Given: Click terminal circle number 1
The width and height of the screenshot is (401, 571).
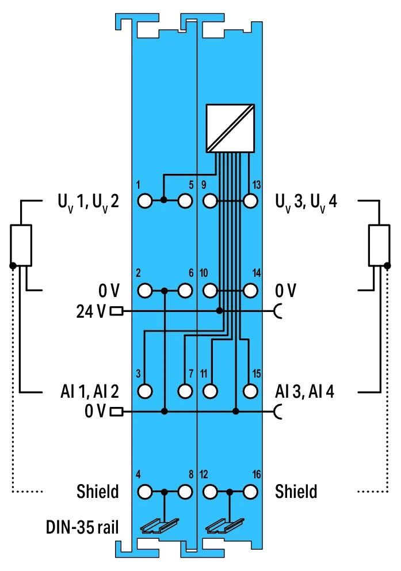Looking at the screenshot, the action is pos(145,201).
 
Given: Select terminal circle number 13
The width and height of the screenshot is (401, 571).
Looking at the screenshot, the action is pos(250,201).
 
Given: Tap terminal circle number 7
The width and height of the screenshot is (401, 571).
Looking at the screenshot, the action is pos(185,391).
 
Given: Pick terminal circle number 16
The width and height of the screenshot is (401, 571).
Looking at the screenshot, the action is pos(250,492).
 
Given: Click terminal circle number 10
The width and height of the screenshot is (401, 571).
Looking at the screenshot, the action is pos(210,291).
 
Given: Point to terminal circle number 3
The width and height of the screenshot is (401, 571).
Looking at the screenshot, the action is pos(145,391).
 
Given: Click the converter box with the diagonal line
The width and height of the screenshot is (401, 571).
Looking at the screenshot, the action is pos(230,128).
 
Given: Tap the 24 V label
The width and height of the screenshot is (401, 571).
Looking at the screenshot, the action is pos(90,311).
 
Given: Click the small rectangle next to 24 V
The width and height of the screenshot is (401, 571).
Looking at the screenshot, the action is pos(116,311).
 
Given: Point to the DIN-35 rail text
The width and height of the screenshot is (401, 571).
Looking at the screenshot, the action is pos(82,527).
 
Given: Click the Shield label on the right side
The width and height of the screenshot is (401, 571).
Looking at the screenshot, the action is pos(296,491).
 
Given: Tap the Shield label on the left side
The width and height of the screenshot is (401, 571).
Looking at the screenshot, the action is pos(98,491).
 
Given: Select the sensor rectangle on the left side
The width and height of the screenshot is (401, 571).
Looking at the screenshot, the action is pos(21,245).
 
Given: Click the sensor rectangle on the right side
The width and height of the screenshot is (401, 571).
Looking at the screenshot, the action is pos(379,245).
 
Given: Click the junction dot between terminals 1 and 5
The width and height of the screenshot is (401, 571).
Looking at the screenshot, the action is pos(164,200).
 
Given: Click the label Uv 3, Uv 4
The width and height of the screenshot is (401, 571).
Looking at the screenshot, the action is pos(306,203).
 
